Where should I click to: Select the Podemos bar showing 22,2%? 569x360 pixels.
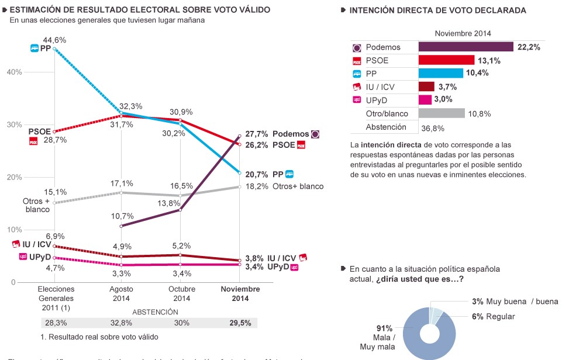click(x=465, y=47)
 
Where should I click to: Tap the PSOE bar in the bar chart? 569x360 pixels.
click(x=446, y=60)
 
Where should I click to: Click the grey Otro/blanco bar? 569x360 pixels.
click(x=442, y=113)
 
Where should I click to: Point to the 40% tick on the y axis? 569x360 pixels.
click(x=14, y=72)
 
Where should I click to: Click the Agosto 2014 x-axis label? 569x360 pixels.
click(x=122, y=293)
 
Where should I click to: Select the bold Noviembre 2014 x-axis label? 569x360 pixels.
click(x=240, y=293)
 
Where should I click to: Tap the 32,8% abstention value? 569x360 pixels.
click(x=121, y=323)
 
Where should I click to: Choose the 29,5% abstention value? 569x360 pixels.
click(x=240, y=323)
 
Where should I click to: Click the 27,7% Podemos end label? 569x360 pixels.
click(x=257, y=134)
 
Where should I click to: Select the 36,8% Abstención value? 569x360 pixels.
click(x=433, y=128)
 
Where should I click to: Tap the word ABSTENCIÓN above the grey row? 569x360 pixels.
click(x=155, y=312)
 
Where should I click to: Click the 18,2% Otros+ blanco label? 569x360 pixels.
click(x=257, y=186)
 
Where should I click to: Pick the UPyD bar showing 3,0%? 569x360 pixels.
click(x=425, y=100)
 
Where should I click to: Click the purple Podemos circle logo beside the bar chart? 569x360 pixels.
click(x=357, y=47)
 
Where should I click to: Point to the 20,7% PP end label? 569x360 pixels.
click(x=257, y=174)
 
